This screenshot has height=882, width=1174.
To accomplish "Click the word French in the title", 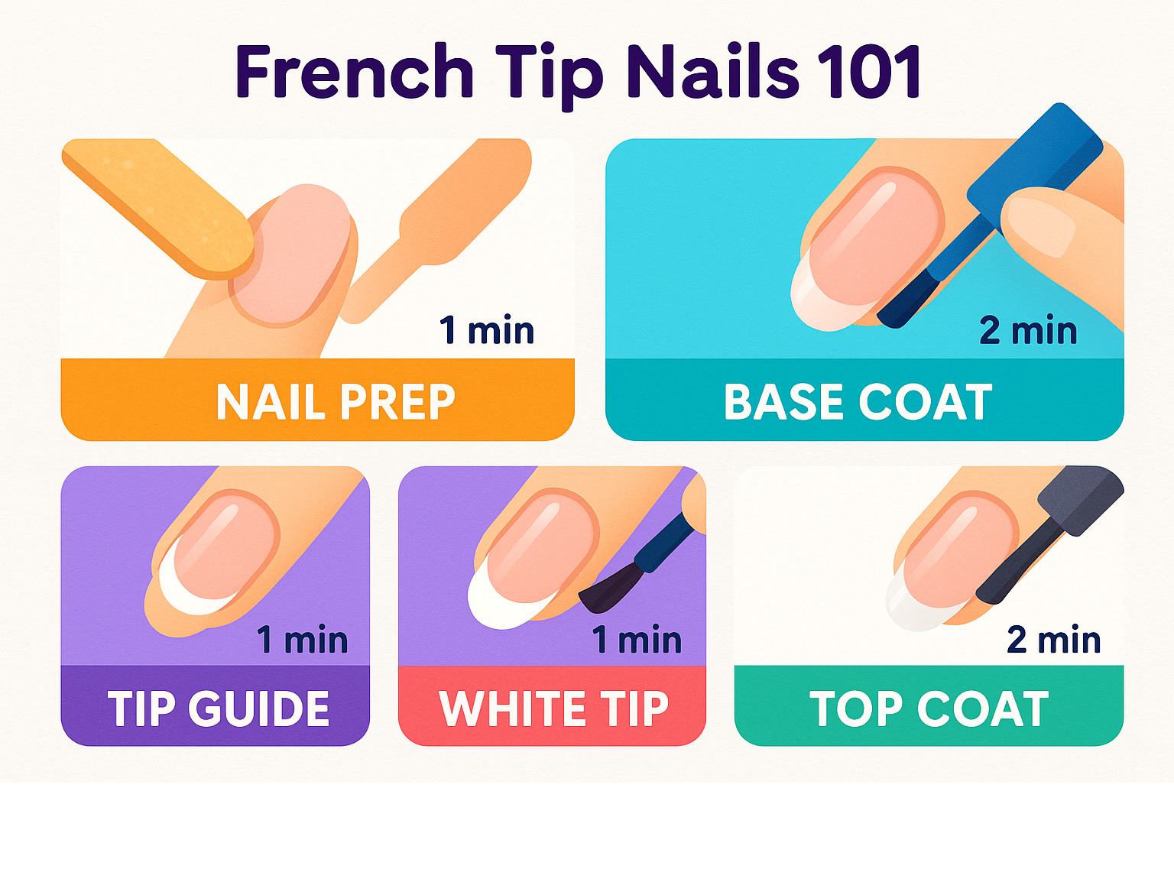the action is (x=354, y=71).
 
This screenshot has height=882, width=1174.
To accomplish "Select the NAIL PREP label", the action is (x=336, y=402).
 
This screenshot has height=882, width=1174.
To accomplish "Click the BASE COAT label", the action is (x=858, y=402).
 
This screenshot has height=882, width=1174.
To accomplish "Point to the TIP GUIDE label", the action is (x=219, y=709).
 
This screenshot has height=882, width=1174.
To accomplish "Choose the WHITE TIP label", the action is (x=553, y=709).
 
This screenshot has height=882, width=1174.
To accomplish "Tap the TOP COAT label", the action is (x=929, y=709).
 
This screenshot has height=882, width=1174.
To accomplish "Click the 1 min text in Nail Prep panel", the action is (x=487, y=330).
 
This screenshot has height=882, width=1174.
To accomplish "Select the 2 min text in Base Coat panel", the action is (x=1028, y=330).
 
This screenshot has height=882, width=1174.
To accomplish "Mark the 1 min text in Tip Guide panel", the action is (x=303, y=639).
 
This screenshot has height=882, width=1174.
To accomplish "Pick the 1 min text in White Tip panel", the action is (x=637, y=639).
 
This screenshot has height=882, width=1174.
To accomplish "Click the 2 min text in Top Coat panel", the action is (x=1054, y=639).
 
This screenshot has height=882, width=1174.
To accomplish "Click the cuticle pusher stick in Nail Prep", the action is (x=436, y=230).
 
